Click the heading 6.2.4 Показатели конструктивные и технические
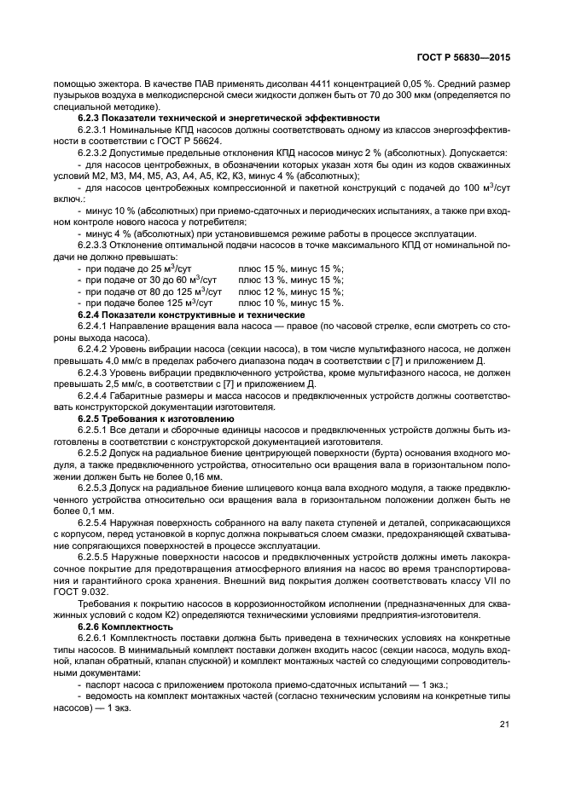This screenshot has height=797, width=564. click(192, 315)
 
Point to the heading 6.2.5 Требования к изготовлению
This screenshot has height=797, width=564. click(155, 419)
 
